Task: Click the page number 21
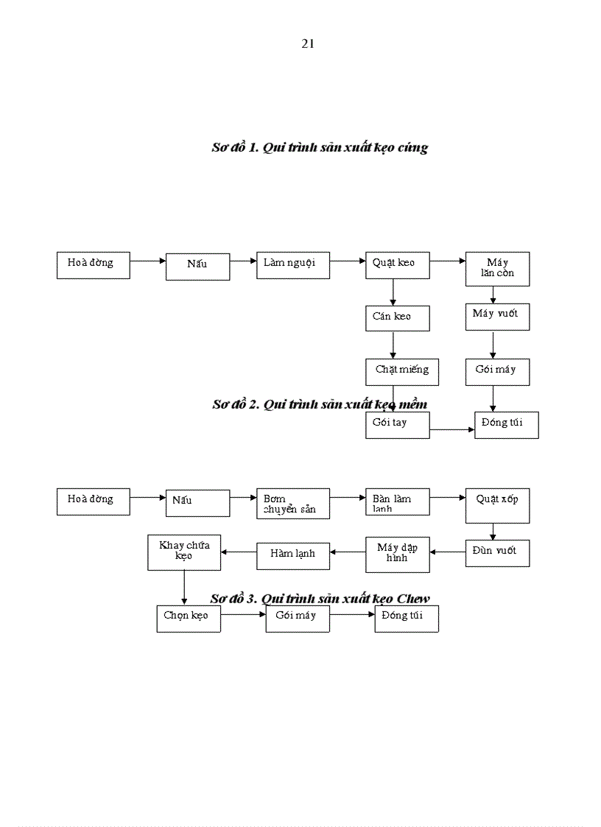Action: [308, 44]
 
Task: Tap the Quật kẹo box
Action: [397, 265]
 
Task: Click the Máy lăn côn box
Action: [497, 269]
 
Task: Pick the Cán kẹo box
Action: [397, 318]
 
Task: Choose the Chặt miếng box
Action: [401, 371]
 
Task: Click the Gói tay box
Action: [397, 425]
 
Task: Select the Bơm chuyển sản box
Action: [292, 504]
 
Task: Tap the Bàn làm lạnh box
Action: [397, 504]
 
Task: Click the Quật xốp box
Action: [497, 505]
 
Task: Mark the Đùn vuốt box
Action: [497, 552]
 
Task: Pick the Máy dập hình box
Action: [397, 554]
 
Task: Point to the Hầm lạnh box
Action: [292, 555]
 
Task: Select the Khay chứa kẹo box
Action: [184, 552]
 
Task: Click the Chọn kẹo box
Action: [188, 619]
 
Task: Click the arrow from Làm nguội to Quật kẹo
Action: [348, 261]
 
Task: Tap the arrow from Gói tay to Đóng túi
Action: [452, 429]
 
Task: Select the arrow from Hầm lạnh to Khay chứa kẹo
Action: [239, 552]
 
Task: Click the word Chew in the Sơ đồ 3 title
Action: [412, 598]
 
